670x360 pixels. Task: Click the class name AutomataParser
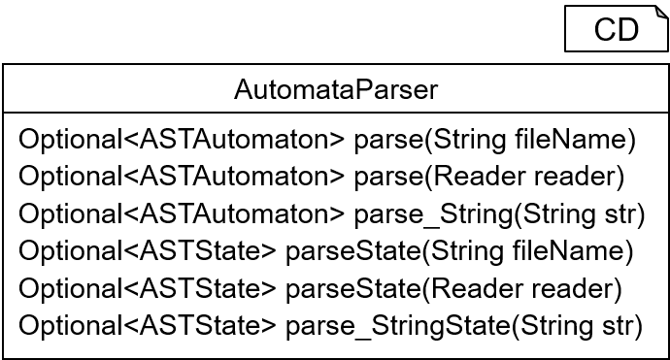pyautogui.click(x=336, y=89)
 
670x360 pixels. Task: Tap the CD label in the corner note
pyautogui.click(x=617, y=29)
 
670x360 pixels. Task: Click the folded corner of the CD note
pyautogui.click(x=662, y=11)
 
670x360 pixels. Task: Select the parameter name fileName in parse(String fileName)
pyautogui.click(x=571, y=139)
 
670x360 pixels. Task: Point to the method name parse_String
pyautogui.click(x=433, y=213)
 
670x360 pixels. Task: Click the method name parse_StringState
pyautogui.click(x=397, y=326)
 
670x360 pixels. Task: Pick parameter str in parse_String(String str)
pyautogui.click(x=620, y=213)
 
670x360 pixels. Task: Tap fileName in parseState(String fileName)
pyautogui.click(x=568, y=251)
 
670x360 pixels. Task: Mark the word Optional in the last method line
pyautogui.click(x=71, y=326)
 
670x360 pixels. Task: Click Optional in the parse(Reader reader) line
pyautogui.click(x=71, y=176)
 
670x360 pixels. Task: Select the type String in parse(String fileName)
pyautogui.click(x=469, y=139)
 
